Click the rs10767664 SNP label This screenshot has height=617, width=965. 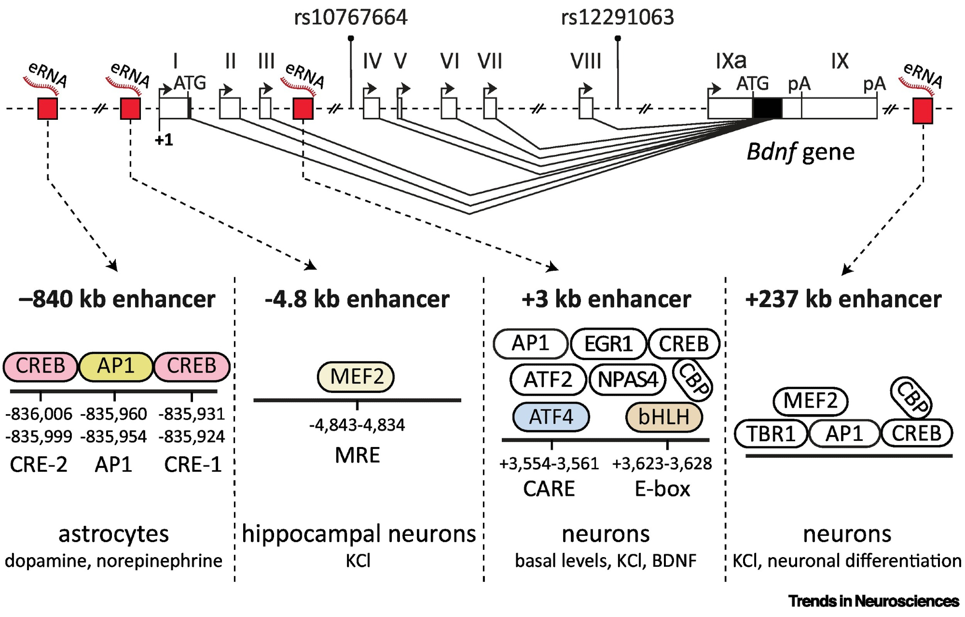(x=351, y=18)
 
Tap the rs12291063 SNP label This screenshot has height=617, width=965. (x=617, y=18)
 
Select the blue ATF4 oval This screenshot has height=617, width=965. (x=551, y=417)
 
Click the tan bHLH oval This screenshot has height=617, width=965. (x=664, y=417)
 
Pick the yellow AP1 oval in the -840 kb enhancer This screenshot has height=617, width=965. (x=116, y=366)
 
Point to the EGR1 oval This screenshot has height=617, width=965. (x=608, y=344)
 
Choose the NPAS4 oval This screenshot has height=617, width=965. (x=628, y=379)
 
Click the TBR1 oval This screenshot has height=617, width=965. (x=771, y=434)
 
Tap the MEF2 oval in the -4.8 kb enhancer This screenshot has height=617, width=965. (x=357, y=377)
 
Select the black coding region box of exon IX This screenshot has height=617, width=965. (x=767, y=108)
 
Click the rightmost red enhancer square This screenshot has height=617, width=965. (x=923, y=111)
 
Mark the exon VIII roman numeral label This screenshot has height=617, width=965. (x=586, y=62)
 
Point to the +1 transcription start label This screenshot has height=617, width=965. (x=164, y=140)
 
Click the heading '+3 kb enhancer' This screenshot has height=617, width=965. (x=606, y=299)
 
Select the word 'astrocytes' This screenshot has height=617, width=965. (x=114, y=534)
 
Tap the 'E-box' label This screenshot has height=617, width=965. (x=662, y=489)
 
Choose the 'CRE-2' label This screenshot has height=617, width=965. (x=39, y=464)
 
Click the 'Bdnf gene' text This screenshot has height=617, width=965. (x=800, y=152)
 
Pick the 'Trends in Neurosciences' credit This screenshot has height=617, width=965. (x=874, y=601)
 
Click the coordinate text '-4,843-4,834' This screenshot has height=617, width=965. (x=357, y=425)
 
